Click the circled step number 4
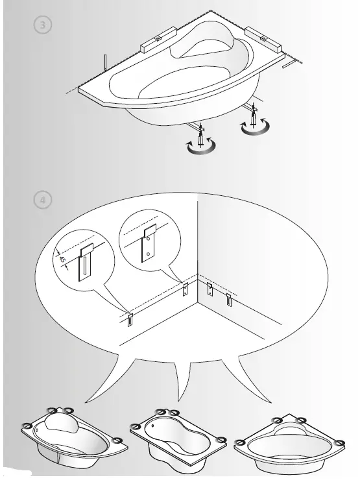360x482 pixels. pyautogui.click(x=43, y=200)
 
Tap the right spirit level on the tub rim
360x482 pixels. pyautogui.click(x=263, y=40)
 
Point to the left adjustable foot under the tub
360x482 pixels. pyautogui.click(x=202, y=138)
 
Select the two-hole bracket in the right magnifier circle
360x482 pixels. pyautogui.click(x=150, y=243)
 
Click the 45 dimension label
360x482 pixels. pyautogui.click(x=63, y=260)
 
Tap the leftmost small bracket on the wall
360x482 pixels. pyautogui.click(x=130, y=319)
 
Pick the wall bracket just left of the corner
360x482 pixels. pyautogui.click(x=186, y=289)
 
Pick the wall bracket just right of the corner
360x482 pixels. pyautogui.click(x=210, y=289)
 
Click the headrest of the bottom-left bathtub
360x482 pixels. pyautogui.click(x=55, y=424)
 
